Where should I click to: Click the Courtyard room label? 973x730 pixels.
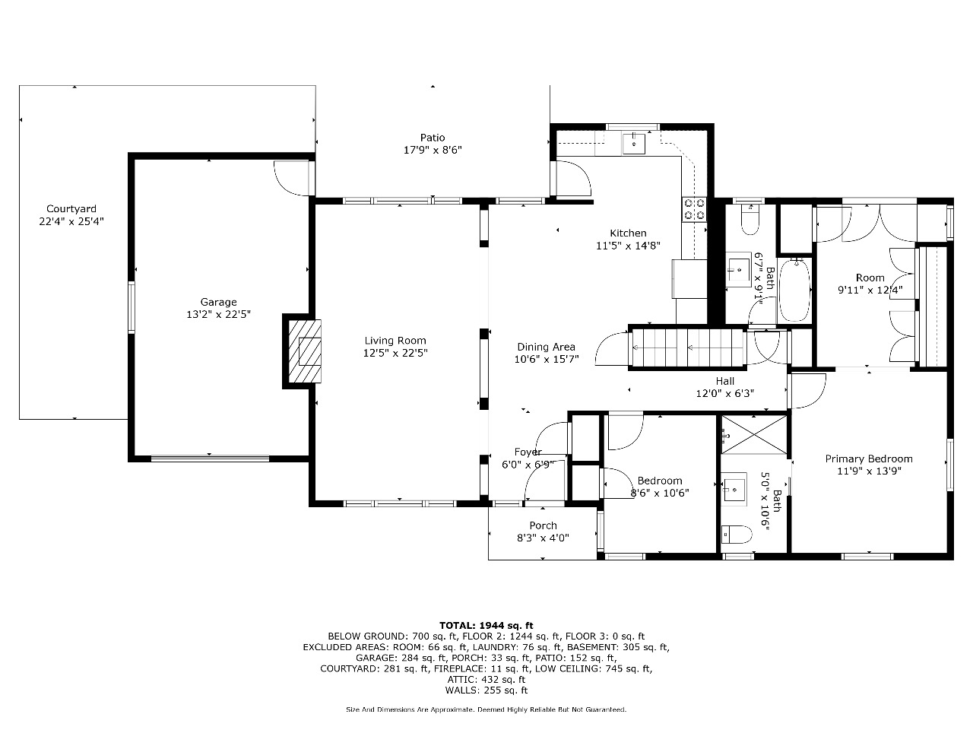point(71,209)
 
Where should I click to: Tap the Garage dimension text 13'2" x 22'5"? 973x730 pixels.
point(218,314)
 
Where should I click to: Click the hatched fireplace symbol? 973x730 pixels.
point(305,351)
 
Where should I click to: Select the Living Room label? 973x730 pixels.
point(395,341)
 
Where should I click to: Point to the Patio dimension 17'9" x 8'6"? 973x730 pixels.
point(433,151)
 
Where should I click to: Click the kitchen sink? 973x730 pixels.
point(633,143)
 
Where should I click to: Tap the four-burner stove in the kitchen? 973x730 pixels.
point(694,209)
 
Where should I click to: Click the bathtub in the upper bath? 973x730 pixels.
point(794,290)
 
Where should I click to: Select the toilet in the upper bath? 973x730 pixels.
point(750,220)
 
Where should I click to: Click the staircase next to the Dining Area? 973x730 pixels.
point(687,348)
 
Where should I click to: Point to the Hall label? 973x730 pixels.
point(724,381)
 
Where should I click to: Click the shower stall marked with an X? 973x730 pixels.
point(753,434)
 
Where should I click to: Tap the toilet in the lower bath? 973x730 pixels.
point(737,535)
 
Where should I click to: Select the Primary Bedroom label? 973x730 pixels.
point(869,459)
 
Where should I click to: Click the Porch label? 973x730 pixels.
point(543,525)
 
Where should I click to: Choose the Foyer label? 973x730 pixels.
point(528,452)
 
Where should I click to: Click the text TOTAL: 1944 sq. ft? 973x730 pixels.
point(486,625)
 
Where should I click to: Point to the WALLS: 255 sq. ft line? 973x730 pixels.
point(486,690)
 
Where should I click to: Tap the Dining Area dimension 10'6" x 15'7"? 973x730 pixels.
point(546,359)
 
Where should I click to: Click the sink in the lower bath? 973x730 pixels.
point(734,489)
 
